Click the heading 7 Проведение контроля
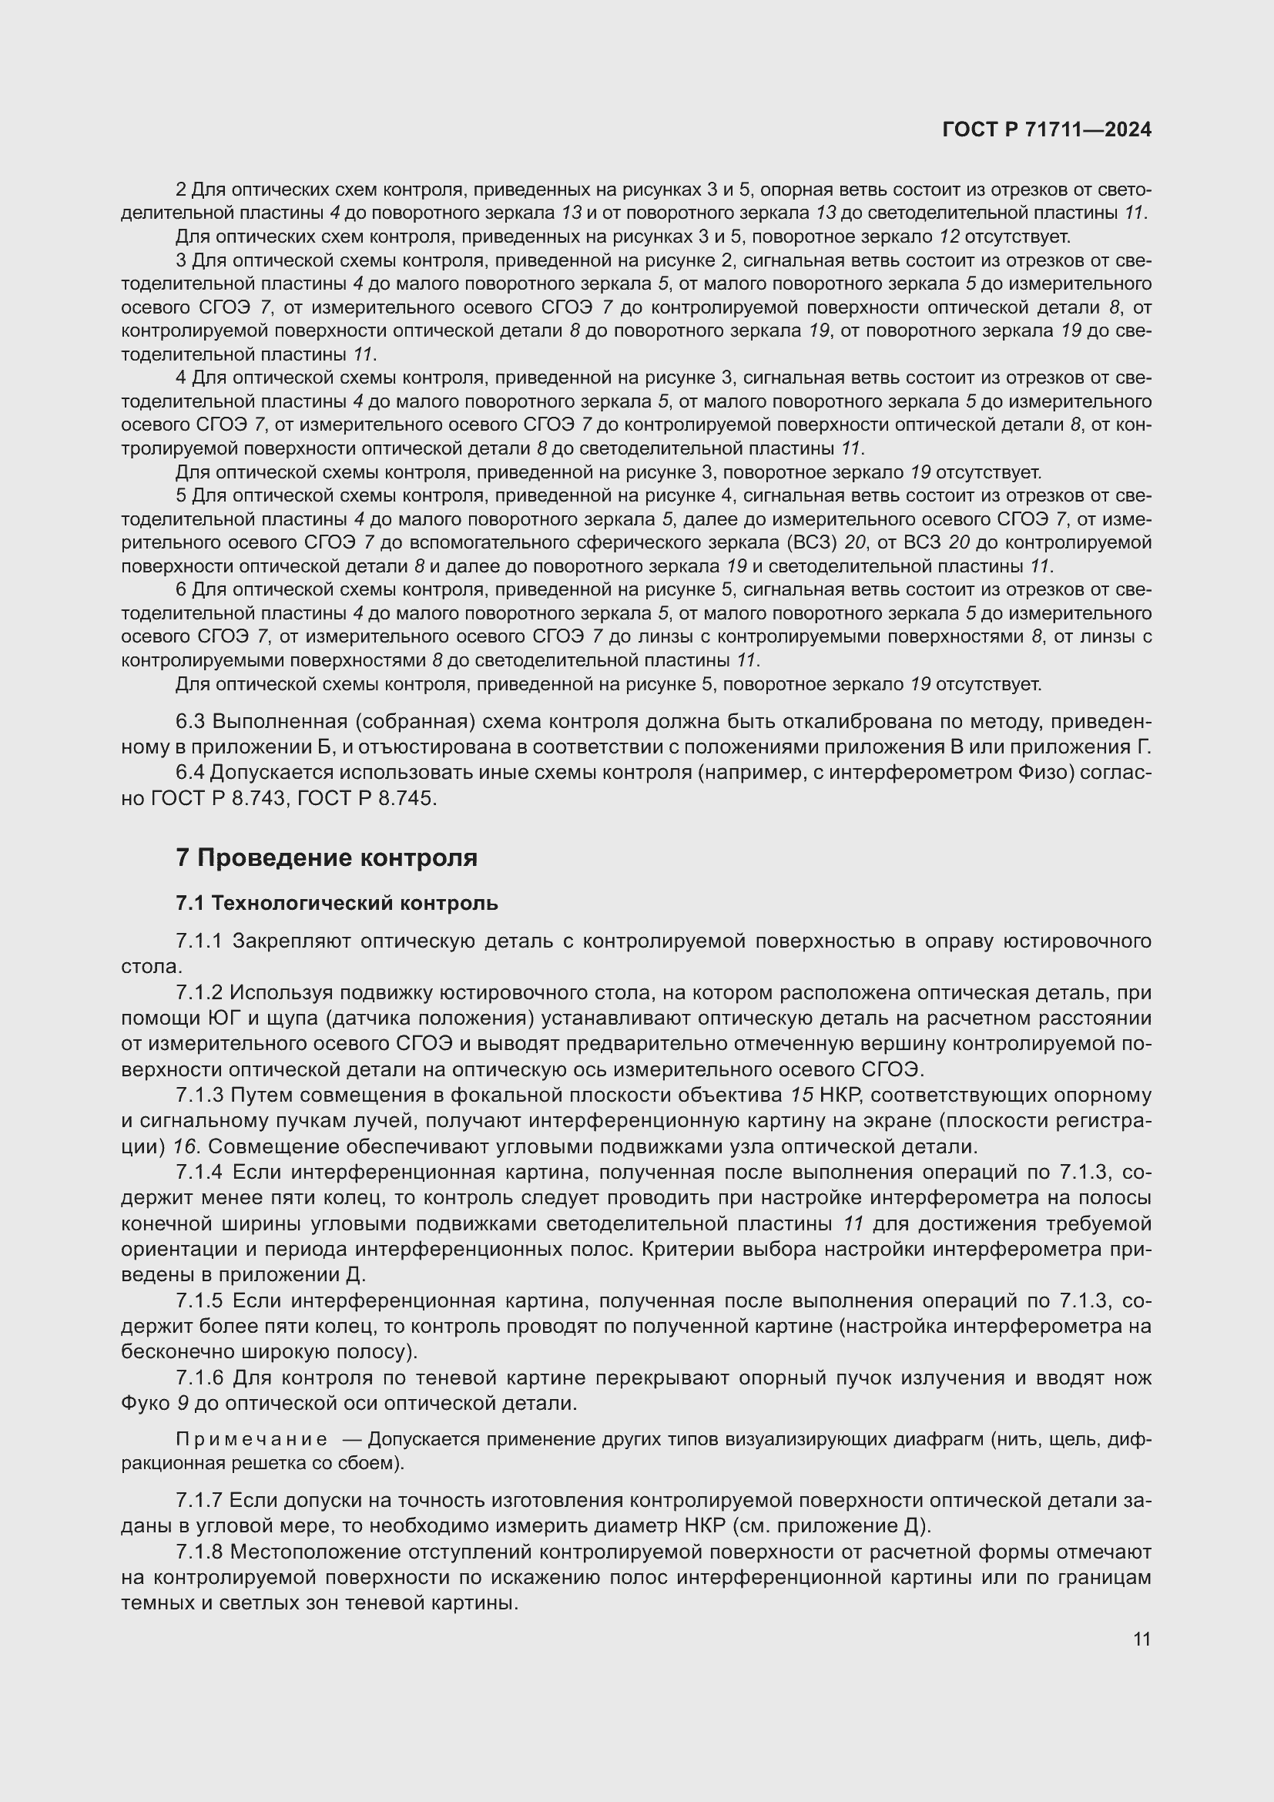[327, 857]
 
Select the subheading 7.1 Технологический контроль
[337, 904]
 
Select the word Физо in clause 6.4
[1051, 773]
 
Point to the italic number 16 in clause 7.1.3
[183, 1146]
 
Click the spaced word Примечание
[252, 1439]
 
